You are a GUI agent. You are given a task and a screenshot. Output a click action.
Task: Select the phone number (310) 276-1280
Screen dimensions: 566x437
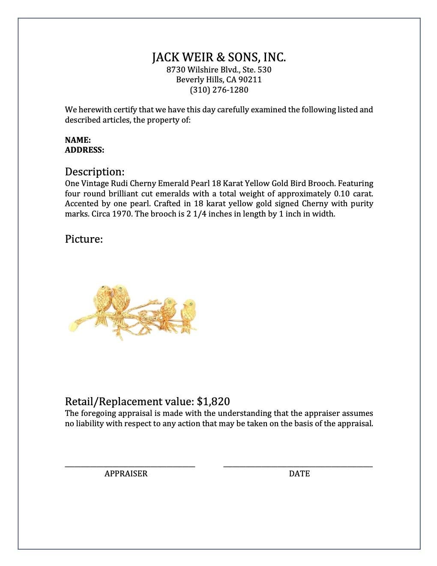click(218, 90)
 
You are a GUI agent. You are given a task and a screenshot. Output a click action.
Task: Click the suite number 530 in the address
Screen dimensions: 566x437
click(264, 70)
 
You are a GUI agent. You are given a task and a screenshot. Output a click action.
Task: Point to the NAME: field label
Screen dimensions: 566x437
click(78, 140)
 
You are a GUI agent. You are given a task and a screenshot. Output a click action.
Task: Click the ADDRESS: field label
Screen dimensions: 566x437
click(84, 150)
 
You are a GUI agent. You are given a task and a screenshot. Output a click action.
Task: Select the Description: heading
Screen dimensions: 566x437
click(95, 172)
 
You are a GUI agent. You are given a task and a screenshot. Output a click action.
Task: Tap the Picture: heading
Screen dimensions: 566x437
click(84, 239)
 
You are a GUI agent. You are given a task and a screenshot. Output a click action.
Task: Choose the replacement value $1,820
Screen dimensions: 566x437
click(213, 402)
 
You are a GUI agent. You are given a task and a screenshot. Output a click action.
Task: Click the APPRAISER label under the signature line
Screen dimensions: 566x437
click(126, 474)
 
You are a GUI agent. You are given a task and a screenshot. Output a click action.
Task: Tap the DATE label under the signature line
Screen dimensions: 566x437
click(299, 474)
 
